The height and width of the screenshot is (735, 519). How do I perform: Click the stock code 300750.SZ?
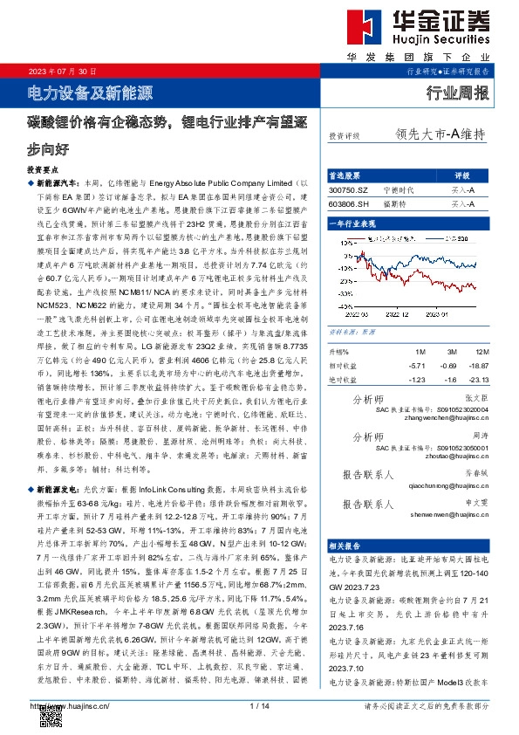pos(349,189)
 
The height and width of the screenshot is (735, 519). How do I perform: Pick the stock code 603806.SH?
pos(349,203)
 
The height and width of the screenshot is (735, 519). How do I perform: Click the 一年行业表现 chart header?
pos(352,224)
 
